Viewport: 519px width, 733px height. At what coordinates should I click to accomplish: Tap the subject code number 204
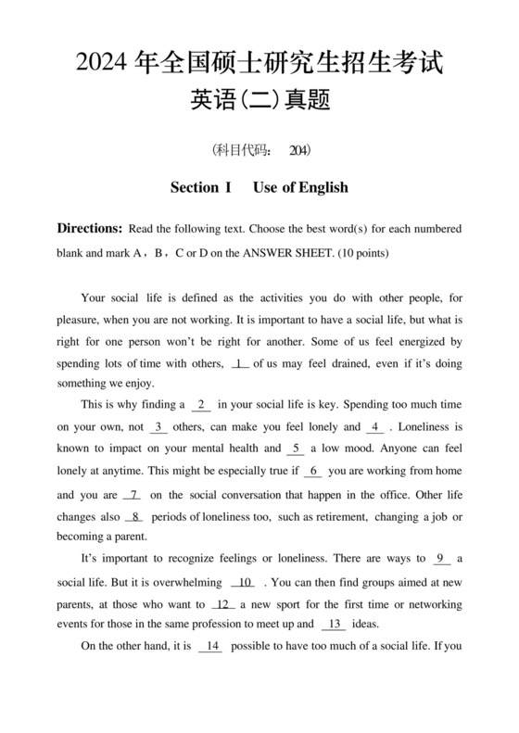coord(298,148)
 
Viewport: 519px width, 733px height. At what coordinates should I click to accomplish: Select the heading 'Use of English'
coord(300,187)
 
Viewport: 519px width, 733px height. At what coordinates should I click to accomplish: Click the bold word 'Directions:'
coord(90,228)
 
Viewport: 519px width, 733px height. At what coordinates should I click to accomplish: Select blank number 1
coord(240,363)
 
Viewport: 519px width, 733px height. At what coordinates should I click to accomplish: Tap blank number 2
coord(201,404)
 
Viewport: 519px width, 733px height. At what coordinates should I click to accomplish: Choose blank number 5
coord(296,449)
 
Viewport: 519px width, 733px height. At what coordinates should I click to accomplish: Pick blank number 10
coord(245,583)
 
